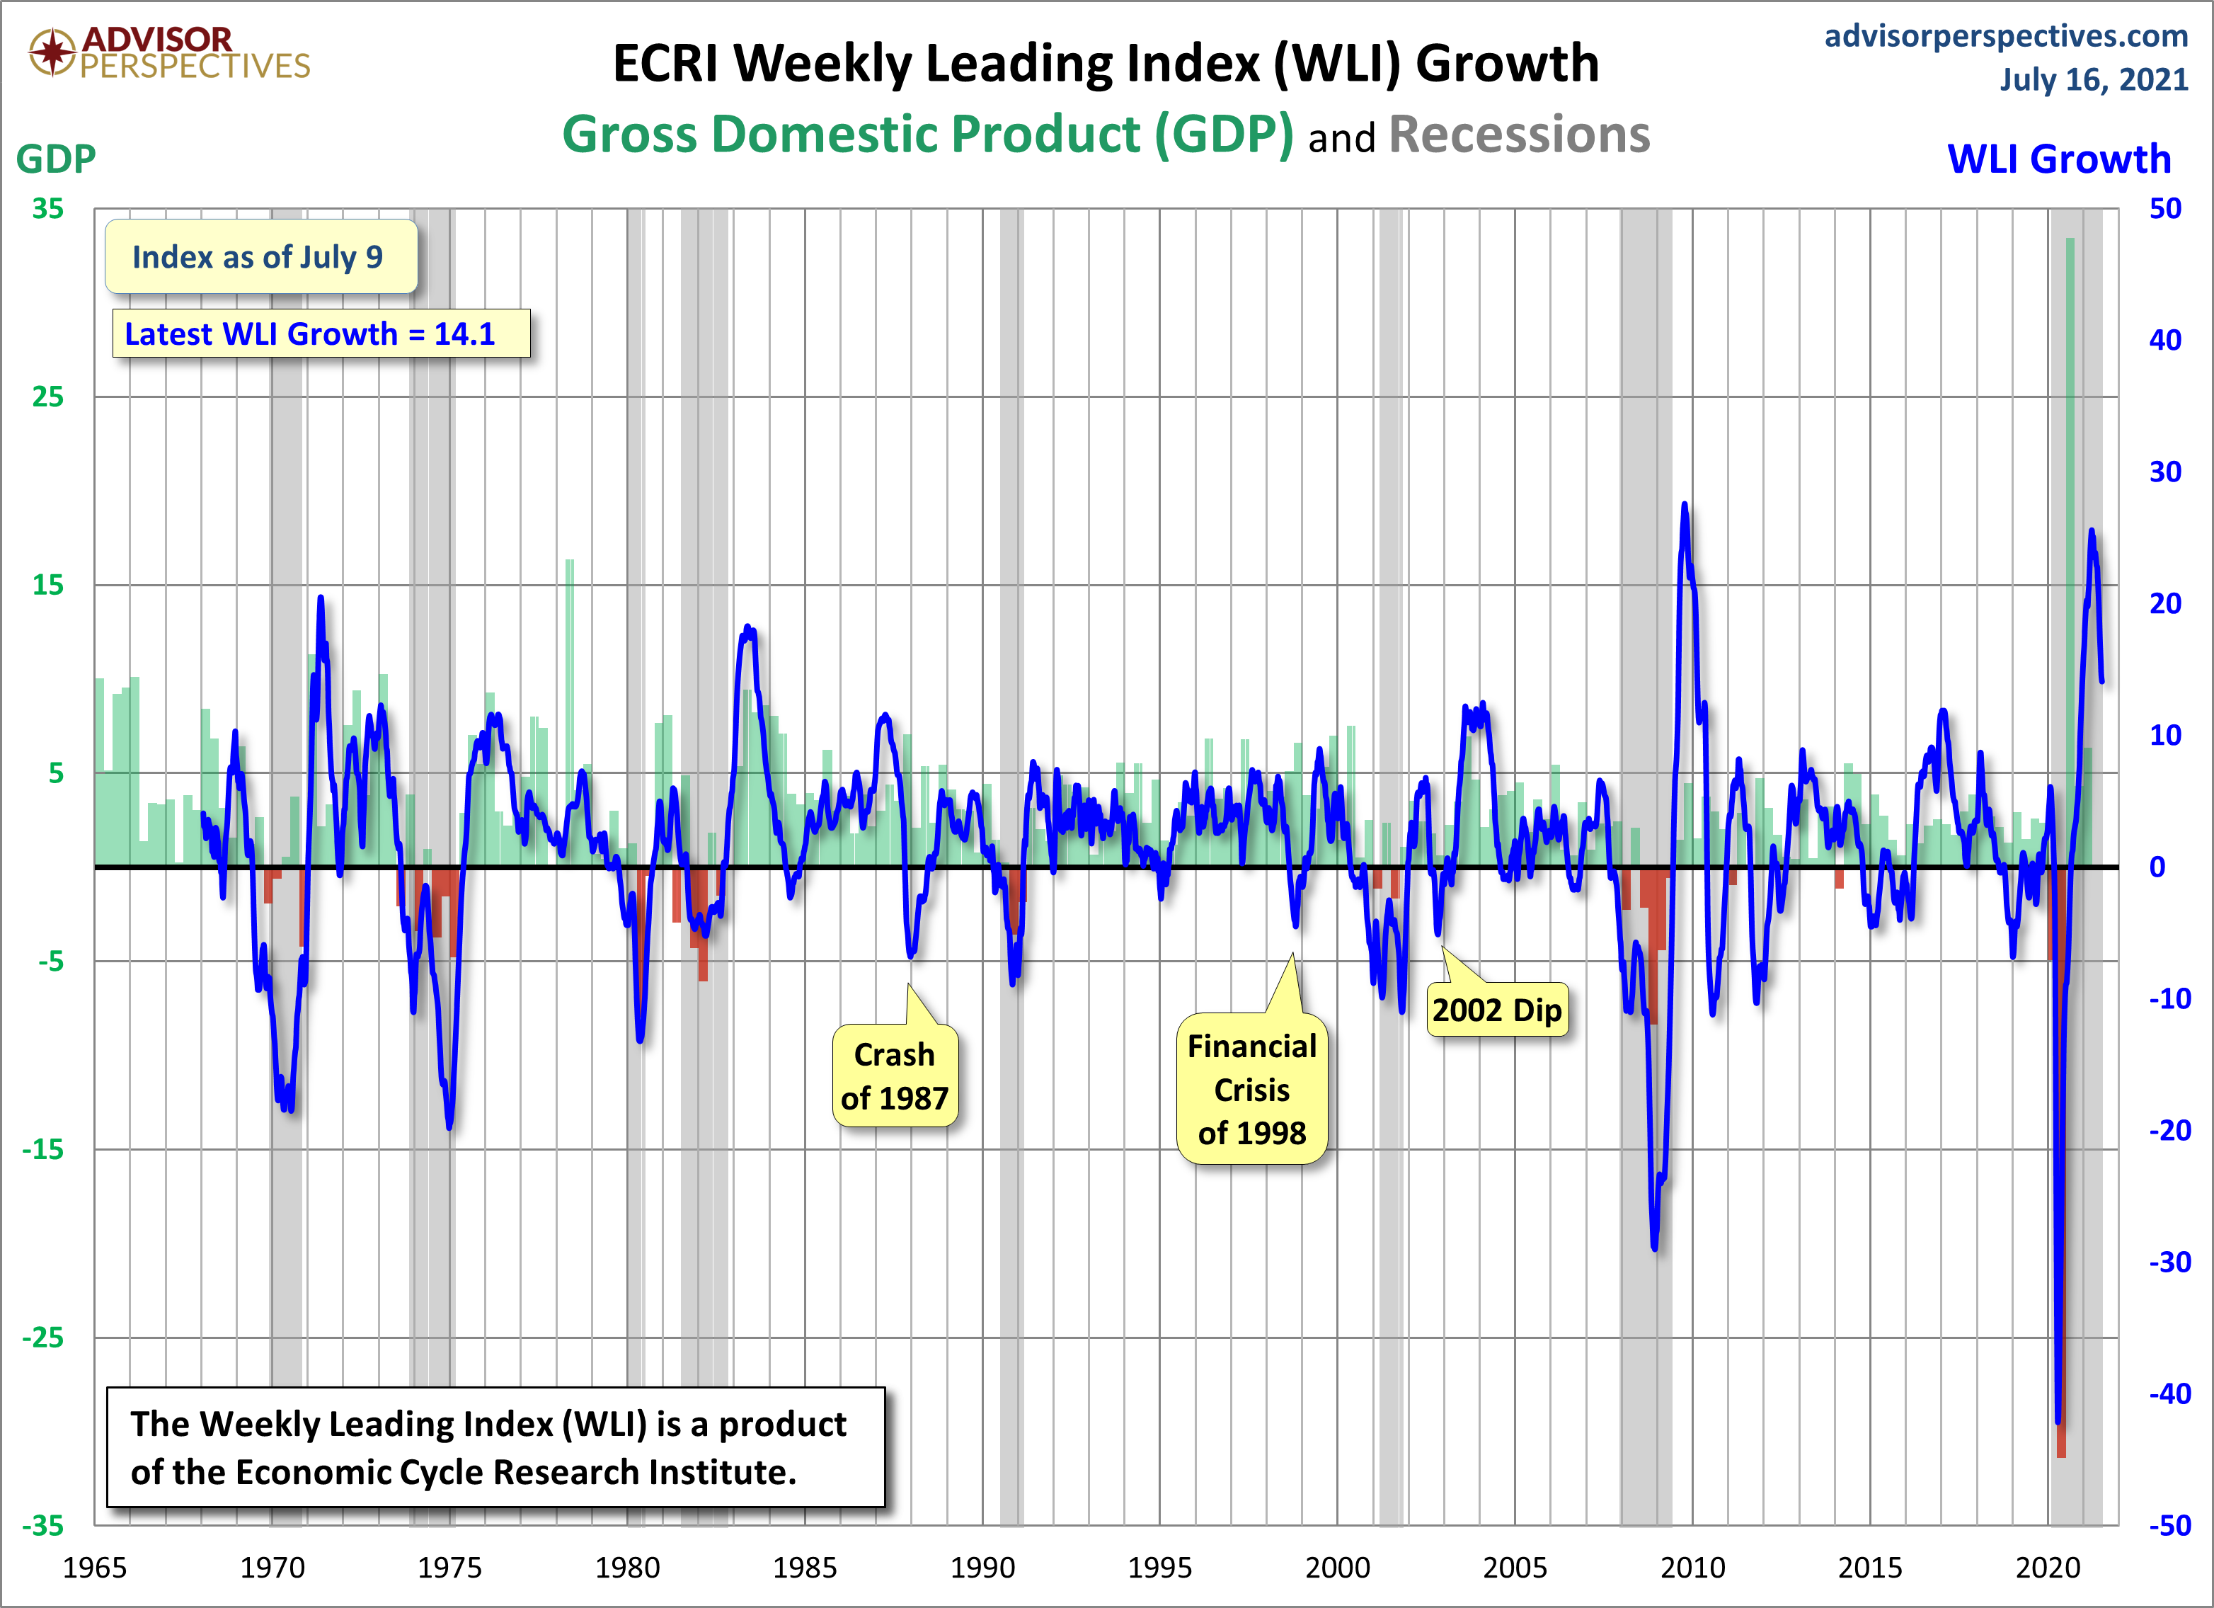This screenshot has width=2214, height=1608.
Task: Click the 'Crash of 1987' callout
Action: tap(894, 1076)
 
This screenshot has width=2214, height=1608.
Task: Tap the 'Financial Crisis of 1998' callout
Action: tap(1251, 1088)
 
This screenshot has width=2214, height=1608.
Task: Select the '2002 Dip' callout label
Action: tap(1496, 1010)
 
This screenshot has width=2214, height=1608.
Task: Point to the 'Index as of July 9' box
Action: tap(260, 257)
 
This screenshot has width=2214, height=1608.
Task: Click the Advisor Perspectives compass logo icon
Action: tap(52, 52)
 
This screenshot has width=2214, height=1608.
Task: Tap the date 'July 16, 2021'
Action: tap(2093, 79)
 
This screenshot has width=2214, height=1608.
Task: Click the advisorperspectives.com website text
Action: tap(2005, 35)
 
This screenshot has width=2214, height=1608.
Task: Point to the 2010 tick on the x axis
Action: tap(1693, 1568)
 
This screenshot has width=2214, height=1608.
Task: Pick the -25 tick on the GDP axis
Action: tap(43, 1338)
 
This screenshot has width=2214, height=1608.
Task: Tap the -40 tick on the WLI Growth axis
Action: tap(2169, 1393)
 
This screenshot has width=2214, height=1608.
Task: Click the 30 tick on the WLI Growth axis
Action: tap(2165, 472)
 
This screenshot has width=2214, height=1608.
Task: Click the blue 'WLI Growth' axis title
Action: tap(2059, 158)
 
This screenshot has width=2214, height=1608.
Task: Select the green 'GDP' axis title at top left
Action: tap(56, 158)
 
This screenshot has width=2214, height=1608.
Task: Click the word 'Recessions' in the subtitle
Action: tap(1519, 135)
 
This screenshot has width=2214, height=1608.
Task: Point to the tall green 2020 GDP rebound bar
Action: tap(2070, 547)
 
